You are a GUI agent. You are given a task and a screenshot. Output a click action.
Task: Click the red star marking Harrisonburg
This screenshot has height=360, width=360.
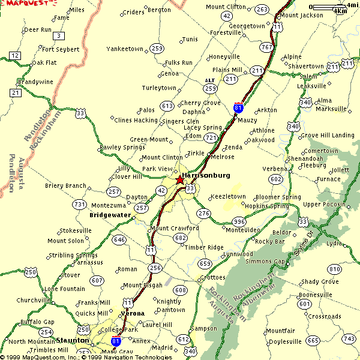(x=180, y=179)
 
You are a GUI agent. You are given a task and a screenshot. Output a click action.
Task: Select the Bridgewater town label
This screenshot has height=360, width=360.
(x=109, y=214)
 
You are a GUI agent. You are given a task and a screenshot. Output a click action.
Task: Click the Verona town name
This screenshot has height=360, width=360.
(x=133, y=313)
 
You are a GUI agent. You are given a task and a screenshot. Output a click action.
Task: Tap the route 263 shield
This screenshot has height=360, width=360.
(x=262, y=9)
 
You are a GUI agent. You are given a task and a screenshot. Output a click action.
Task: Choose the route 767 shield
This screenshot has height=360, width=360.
(x=267, y=47)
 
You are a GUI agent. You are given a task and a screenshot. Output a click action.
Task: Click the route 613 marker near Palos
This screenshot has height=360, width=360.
(x=167, y=106)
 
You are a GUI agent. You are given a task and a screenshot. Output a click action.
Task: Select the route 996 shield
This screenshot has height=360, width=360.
(x=239, y=221)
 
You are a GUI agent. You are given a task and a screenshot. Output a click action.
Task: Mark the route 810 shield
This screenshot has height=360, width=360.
(x=334, y=269)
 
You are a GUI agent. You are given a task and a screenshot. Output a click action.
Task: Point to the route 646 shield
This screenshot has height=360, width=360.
(x=119, y=240)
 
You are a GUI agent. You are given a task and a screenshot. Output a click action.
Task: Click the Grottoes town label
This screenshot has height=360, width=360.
(x=212, y=277)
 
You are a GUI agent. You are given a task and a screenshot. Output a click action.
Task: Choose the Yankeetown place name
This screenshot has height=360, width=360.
(x=125, y=49)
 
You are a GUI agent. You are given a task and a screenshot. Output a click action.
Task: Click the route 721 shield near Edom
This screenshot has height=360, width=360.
(x=210, y=137)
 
